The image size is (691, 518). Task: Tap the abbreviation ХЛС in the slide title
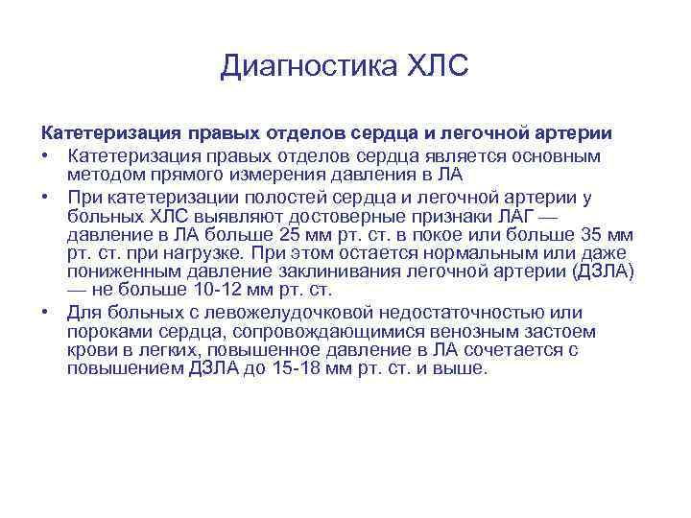click(438, 66)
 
